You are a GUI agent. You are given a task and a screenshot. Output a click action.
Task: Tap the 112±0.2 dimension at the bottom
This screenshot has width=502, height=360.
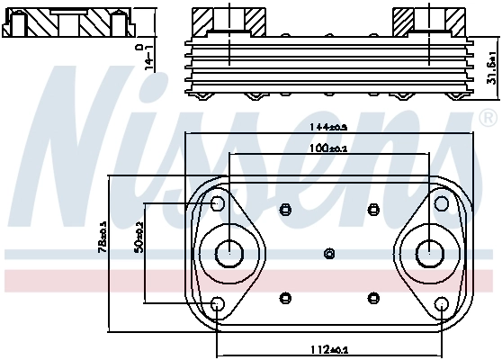click(328, 350)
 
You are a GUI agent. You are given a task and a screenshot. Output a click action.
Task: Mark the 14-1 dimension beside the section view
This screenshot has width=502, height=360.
click(149, 55)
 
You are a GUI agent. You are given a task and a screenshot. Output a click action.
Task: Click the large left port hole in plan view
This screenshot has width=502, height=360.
click(229, 252)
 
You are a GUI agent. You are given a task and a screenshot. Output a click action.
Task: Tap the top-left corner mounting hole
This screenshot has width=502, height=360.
click(218, 203)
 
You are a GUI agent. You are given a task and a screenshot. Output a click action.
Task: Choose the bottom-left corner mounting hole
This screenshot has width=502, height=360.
click(218, 304)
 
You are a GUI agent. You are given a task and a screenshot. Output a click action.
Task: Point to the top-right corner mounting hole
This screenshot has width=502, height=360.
click(441, 203)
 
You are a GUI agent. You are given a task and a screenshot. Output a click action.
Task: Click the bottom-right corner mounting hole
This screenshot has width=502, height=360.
click(441, 304)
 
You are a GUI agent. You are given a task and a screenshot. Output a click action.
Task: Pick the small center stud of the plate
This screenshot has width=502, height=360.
click(329, 253)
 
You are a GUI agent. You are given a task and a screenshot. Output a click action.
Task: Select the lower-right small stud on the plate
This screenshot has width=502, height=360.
click(373, 297)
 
